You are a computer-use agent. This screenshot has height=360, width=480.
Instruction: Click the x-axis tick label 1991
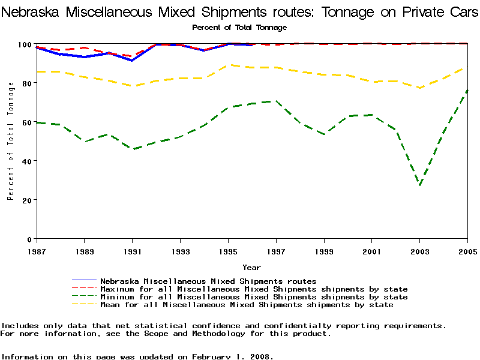point(132,250)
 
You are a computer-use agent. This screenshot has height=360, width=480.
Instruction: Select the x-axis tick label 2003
point(420,250)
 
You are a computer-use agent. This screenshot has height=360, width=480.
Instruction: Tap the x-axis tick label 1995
point(228,250)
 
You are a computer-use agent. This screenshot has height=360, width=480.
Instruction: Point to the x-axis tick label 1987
point(36,250)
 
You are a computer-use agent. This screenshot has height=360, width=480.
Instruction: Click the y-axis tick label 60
point(27,122)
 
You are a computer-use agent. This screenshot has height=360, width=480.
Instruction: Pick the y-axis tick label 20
point(27,200)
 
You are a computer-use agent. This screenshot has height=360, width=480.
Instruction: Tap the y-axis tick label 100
point(25,44)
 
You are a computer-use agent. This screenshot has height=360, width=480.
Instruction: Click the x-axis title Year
point(251,267)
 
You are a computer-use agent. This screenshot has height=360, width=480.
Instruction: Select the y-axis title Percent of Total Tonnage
point(11,141)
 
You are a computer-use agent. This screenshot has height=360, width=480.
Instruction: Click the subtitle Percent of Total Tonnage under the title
point(239,28)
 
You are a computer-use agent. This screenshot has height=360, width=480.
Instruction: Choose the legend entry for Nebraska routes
point(208,281)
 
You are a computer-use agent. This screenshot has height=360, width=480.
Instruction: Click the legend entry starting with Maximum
point(254,289)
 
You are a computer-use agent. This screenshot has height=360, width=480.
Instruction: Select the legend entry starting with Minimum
point(254,297)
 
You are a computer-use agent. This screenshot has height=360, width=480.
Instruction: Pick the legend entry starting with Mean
point(247,305)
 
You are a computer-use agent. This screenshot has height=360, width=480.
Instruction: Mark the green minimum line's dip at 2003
point(420,185)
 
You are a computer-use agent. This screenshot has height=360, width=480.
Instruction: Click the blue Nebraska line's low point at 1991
point(132,61)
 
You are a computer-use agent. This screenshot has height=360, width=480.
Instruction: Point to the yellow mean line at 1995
point(228,65)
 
